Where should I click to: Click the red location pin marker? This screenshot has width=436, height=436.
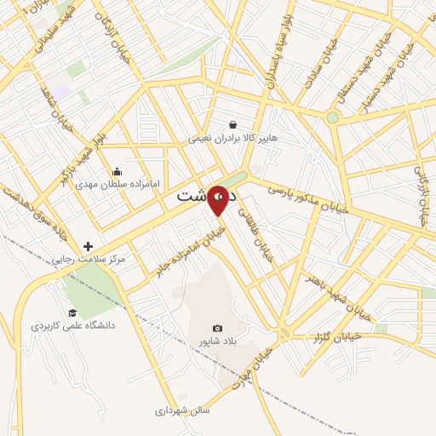[x=219, y=199]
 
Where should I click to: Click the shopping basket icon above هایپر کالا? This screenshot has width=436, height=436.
[x=232, y=124]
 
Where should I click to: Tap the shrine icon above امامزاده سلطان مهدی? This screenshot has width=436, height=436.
[x=116, y=171]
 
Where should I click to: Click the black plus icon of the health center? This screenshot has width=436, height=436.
[x=88, y=246]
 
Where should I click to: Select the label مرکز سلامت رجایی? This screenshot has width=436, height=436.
[x=88, y=259]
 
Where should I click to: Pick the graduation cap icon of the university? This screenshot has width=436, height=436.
[x=72, y=313]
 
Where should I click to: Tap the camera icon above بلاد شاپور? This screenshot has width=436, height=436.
[x=217, y=329]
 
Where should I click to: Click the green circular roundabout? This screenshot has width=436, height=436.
[x=332, y=118]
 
